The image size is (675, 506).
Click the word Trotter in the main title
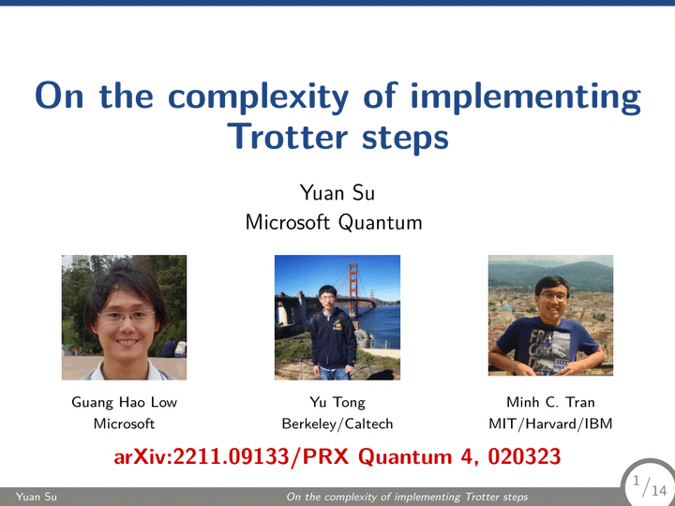[288, 137]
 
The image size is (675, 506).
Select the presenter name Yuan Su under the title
[337, 192]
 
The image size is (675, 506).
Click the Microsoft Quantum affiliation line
[334, 222]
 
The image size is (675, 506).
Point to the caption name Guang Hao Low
[124, 402]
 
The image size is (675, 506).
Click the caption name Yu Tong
[337, 403]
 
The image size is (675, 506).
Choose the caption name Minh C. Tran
[550, 402]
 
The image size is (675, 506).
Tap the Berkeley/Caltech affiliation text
[337, 424]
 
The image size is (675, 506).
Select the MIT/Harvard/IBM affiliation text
[550, 424]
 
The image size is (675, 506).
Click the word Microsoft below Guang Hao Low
[124, 424]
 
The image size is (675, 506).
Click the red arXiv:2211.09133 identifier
[202, 456]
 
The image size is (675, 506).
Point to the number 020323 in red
[524, 456]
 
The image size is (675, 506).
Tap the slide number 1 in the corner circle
[637, 481]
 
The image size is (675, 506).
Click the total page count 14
[659, 490]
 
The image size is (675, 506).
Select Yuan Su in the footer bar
[37, 497]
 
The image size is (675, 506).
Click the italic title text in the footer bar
[407, 497]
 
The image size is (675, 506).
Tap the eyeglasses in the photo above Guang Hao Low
[127, 317]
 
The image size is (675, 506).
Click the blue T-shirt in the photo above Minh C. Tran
[546, 344]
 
